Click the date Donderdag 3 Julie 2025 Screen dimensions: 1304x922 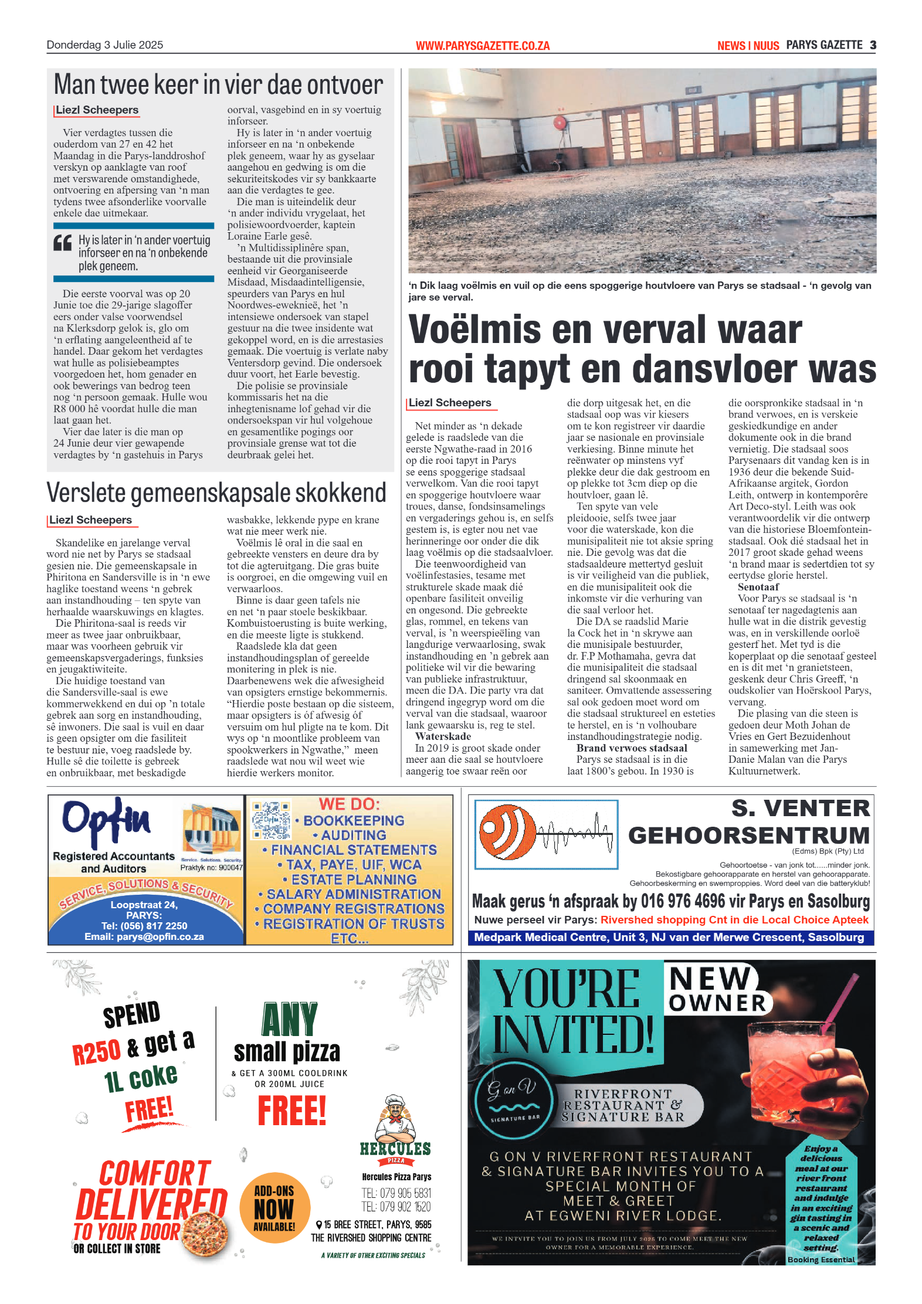[104, 45]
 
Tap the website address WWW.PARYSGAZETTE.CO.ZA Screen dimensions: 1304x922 [482, 46]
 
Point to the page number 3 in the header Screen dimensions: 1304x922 [873, 45]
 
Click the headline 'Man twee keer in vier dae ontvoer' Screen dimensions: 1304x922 [218, 85]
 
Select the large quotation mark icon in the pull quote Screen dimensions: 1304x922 [63, 243]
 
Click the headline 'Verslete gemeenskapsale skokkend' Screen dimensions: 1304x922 [216, 493]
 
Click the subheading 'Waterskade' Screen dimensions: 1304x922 [443, 736]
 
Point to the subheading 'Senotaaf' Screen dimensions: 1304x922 [758, 587]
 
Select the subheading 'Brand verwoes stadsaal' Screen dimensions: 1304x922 [631, 748]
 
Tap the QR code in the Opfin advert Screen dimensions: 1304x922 [271, 819]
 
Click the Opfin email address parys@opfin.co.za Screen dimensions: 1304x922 [144, 937]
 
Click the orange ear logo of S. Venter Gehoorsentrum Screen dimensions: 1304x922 [508, 832]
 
